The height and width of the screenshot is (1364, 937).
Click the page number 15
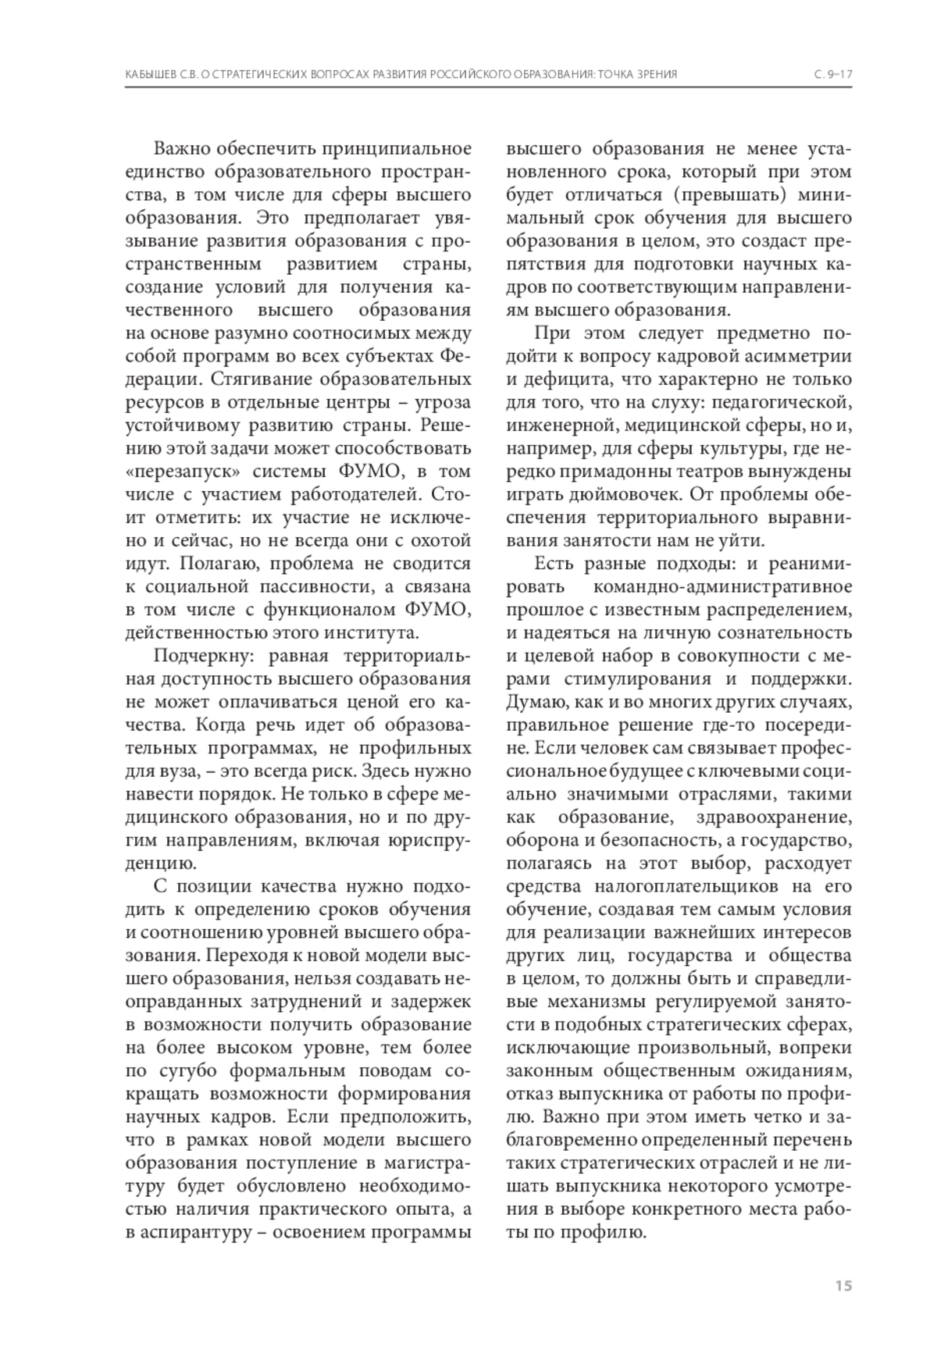tap(843, 1285)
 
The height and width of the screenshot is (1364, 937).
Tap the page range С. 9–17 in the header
tap(832, 74)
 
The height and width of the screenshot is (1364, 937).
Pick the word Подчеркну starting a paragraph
tap(201, 656)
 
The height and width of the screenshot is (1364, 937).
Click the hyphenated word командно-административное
tap(723, 586)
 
